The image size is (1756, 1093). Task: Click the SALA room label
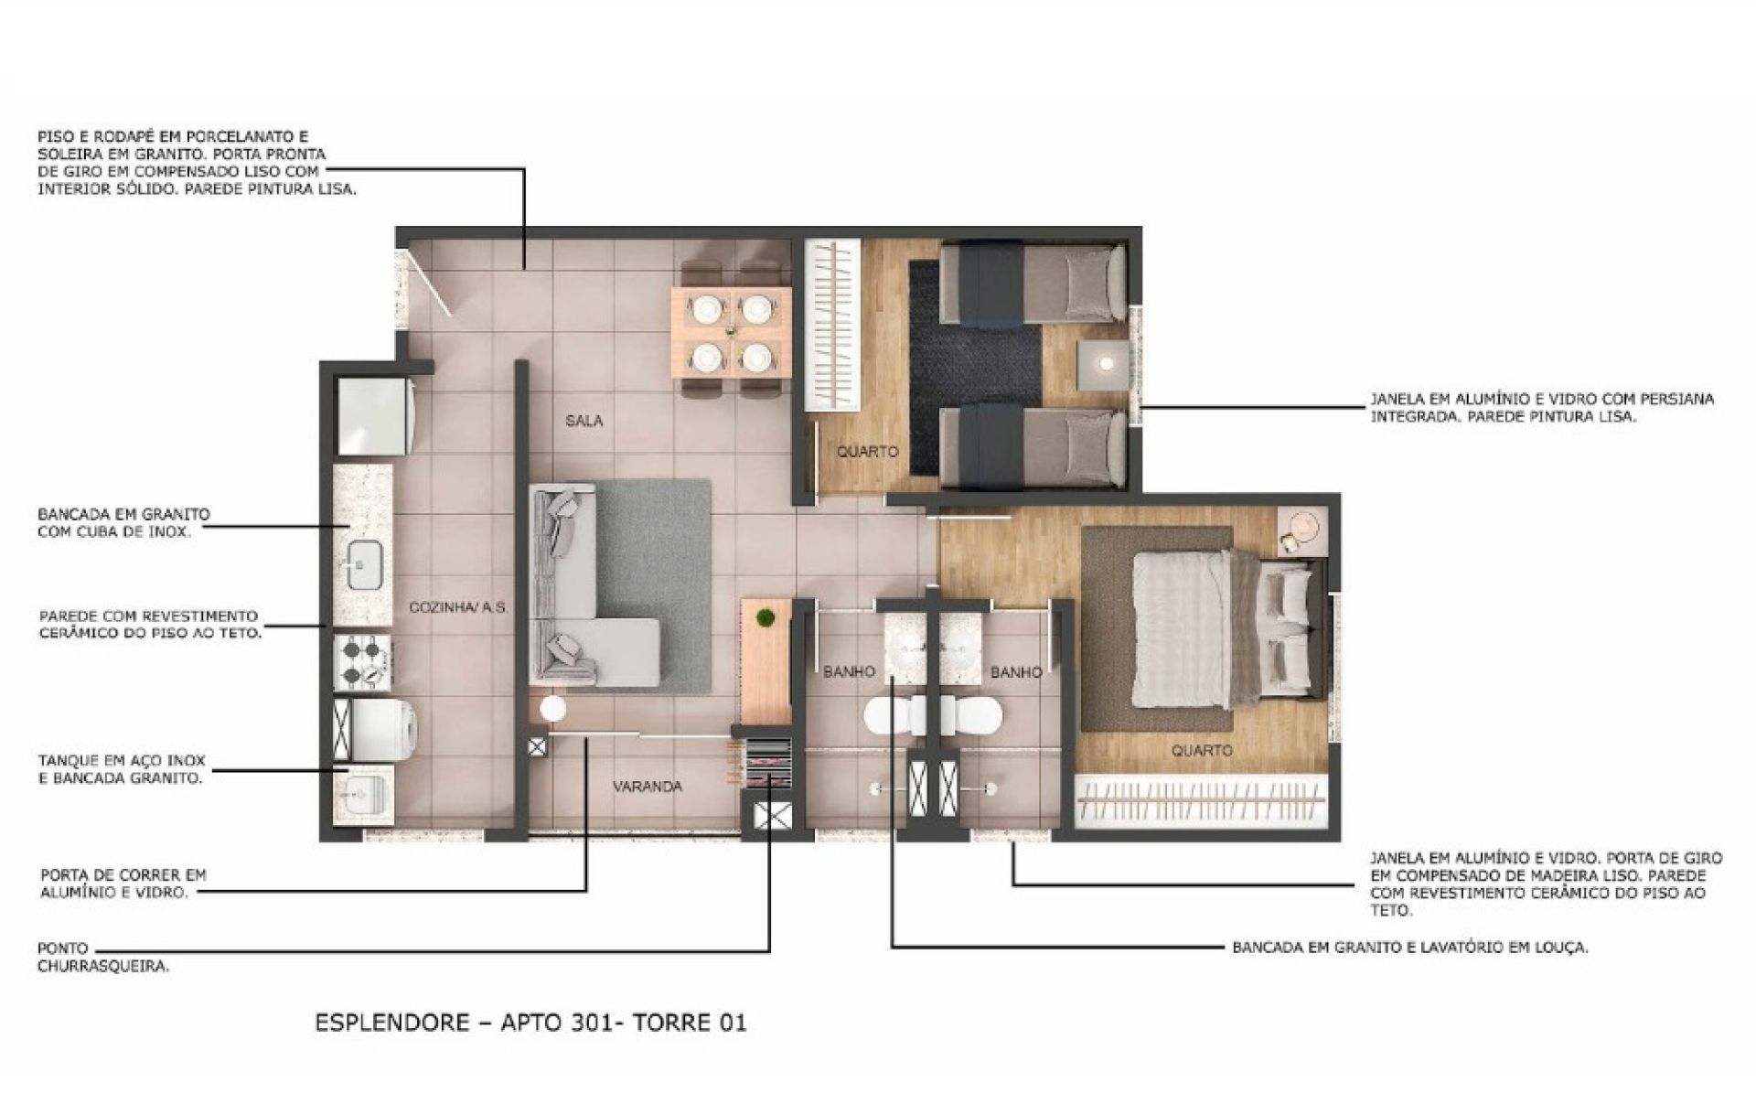(584, 421)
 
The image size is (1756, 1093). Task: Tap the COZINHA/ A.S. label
(457, 607)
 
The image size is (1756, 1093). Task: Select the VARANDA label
(648, 786)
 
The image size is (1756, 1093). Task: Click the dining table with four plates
(731, 331)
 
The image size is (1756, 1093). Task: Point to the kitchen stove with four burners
(365, 663)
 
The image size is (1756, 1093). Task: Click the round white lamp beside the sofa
(553, 709)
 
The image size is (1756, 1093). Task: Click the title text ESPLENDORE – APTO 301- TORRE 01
(530, 1022)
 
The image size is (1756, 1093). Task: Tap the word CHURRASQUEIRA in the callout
(103, 966)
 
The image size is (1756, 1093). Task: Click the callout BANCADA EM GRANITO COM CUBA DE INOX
(123, 522)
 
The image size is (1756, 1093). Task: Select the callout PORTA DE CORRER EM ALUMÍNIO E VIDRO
(123, 884)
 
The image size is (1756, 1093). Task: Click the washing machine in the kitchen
(375, 730)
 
